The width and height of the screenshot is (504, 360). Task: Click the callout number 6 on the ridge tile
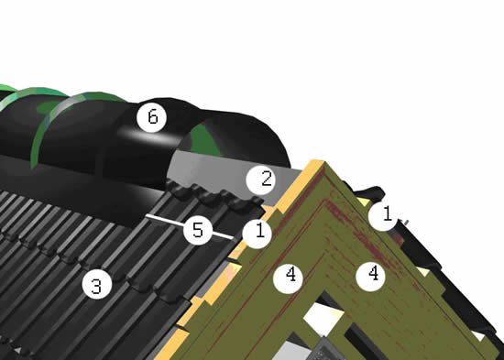click(x=152, y=117)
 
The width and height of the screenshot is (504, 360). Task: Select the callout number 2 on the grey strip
click(x=260, y=180)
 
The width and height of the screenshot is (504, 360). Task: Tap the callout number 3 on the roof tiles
click(x=97, y=285)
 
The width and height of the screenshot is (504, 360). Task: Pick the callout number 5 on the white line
click(x=198, y=230)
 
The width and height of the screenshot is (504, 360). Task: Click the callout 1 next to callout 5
click(x=257, y=234)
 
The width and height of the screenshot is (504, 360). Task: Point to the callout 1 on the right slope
click(x=383, y=216)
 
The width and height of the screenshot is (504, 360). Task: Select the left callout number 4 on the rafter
click(x=288, y=278)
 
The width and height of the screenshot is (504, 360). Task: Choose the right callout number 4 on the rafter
click(x=371, y=277)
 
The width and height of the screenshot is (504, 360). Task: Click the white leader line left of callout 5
click(x=165, y=220)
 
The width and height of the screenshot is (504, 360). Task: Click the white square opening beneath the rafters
click(x=323, y=319)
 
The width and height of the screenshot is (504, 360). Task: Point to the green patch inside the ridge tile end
click(x=205, y=141)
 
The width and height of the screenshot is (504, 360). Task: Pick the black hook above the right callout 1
click(x=369, y=192)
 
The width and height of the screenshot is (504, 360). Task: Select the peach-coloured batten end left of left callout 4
click(x=234, y=271)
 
